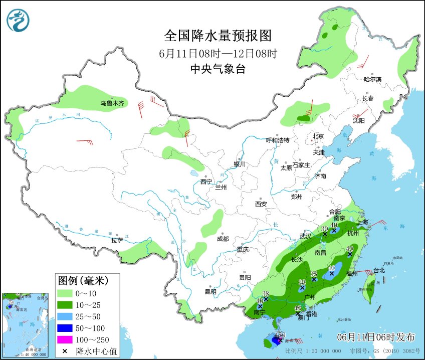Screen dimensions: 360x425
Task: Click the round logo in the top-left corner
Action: (18, 20)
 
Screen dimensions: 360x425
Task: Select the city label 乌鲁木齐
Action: (111, 103)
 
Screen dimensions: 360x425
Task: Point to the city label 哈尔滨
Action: (372, 79)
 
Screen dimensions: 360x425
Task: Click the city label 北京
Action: (318, 136)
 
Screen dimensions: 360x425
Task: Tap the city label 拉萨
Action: (117, 241)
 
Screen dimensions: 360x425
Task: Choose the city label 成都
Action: (223, 239)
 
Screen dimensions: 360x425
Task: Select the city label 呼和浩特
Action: (277, 140)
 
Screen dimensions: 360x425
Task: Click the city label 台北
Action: (379, 270)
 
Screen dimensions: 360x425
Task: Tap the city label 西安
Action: (261, 204)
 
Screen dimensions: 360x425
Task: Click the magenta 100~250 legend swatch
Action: (66, 340)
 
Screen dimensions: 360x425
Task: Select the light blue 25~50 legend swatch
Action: (66, 316)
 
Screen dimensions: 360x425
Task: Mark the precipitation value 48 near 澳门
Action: (298, 308)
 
